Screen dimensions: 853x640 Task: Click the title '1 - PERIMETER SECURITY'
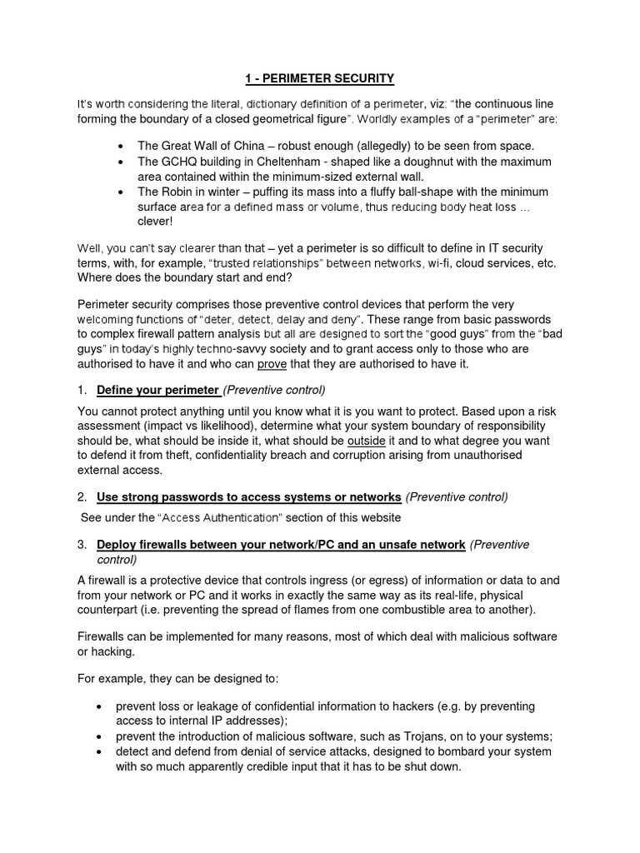(x=320, y=79)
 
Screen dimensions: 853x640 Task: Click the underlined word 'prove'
(x=272, y=364)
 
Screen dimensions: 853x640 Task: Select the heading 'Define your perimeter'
(x=158, y=390)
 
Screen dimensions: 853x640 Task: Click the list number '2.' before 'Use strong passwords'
(x=82, y=497)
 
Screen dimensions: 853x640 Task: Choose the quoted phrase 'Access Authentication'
(x=222, y=517)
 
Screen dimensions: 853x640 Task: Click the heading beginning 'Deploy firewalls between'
(x=281, y=544)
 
